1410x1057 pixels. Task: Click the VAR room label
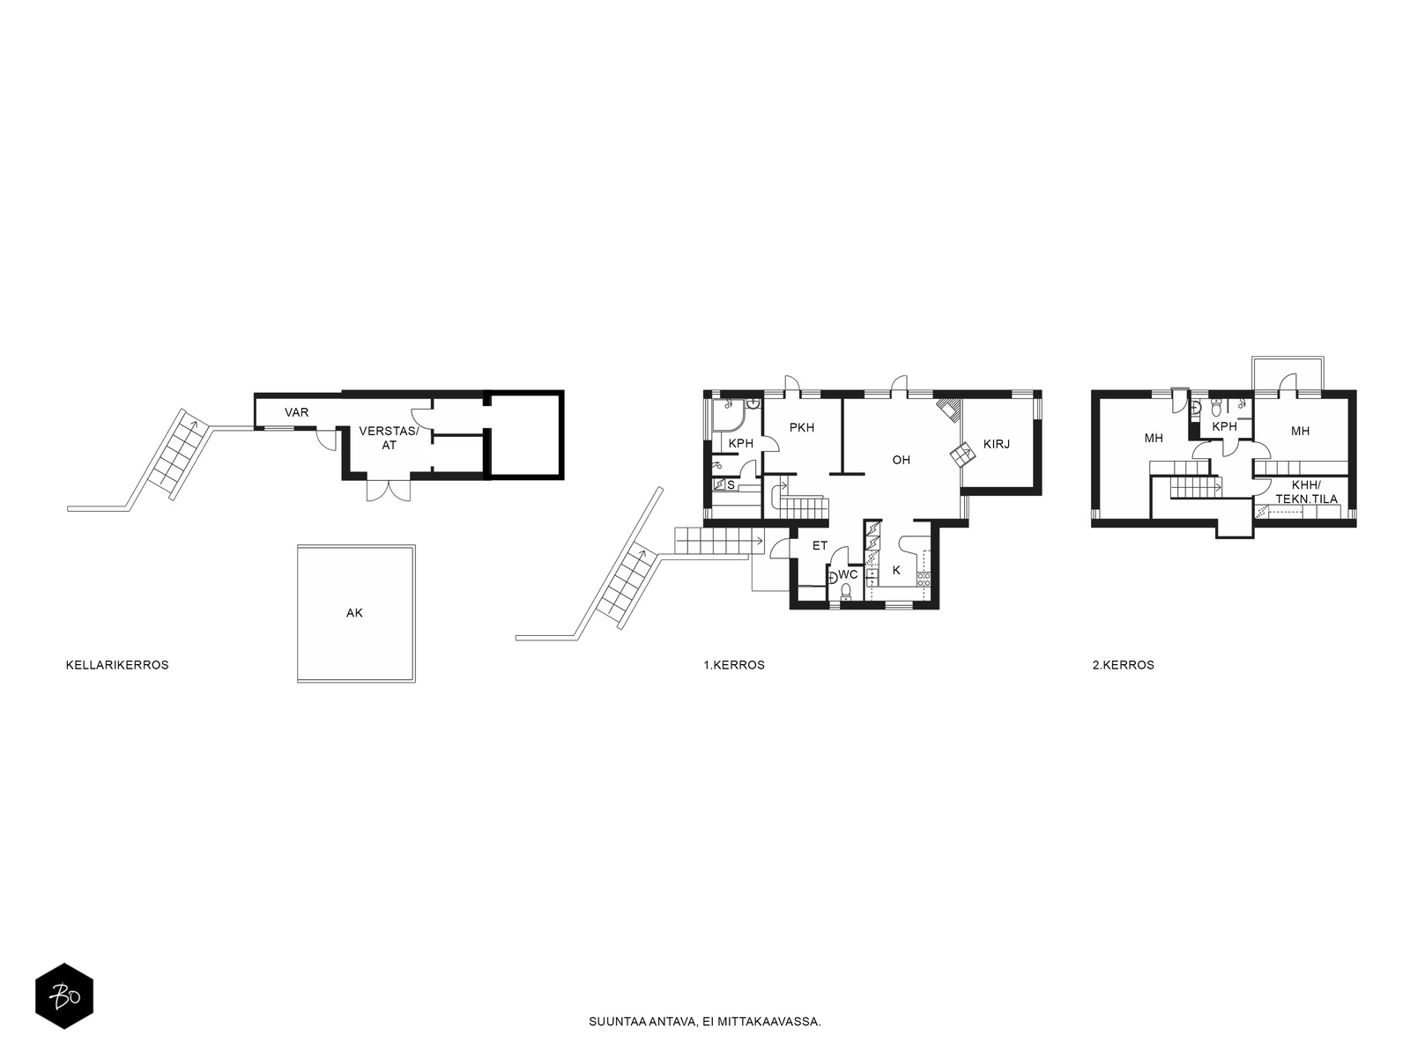[296, 412]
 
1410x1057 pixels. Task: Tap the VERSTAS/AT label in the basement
[389, 438]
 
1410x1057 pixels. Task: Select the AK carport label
[354, 613]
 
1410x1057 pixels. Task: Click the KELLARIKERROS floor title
[117, 665]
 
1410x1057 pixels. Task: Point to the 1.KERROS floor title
[734, 665]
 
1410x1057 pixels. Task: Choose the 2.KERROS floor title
[1124, 665]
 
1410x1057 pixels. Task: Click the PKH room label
[802, 427]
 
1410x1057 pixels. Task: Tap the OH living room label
[902, 460]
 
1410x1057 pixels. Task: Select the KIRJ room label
[997, 444]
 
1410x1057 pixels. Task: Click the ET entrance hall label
[820, 545]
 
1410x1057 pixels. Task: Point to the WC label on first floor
[848, 574]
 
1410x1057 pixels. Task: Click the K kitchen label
[896, 570]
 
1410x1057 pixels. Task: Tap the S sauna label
[731, 485]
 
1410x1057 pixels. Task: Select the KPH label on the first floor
[740, 443]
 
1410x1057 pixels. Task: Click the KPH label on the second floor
[1224, 426]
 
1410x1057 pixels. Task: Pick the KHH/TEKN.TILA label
[1307, 492]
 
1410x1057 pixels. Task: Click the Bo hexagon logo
[64, 996]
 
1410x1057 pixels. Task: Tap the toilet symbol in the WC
[846, 590]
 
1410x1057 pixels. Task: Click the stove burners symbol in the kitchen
[924, 580]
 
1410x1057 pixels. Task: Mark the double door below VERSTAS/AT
[389, 491]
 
